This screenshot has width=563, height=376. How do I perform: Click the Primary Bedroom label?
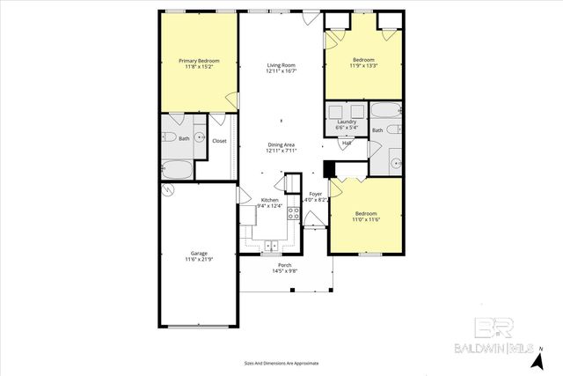tap(198, 61)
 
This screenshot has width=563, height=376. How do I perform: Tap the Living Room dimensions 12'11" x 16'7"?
tap(281, 72)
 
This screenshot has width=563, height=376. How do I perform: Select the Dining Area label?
tap(281, 144)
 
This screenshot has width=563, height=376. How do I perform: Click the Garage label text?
tap(198, 253)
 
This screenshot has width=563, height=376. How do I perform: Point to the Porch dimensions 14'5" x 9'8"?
tap(284, 271)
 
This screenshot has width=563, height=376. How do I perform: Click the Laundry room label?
tap(346, 122)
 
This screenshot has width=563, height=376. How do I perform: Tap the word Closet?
tap(220, 141)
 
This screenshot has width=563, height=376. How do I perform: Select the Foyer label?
tap(315, 194)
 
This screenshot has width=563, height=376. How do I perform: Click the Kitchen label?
tap(269, 201)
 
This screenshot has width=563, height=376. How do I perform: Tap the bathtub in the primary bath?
tap(177, 168)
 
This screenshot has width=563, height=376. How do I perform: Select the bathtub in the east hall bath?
tap(385, 112)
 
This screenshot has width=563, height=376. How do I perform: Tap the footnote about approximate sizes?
tap(281, 363)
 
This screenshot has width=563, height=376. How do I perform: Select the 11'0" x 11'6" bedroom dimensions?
tap(367, 219)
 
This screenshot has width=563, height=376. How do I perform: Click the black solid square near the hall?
tap(329, 169)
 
